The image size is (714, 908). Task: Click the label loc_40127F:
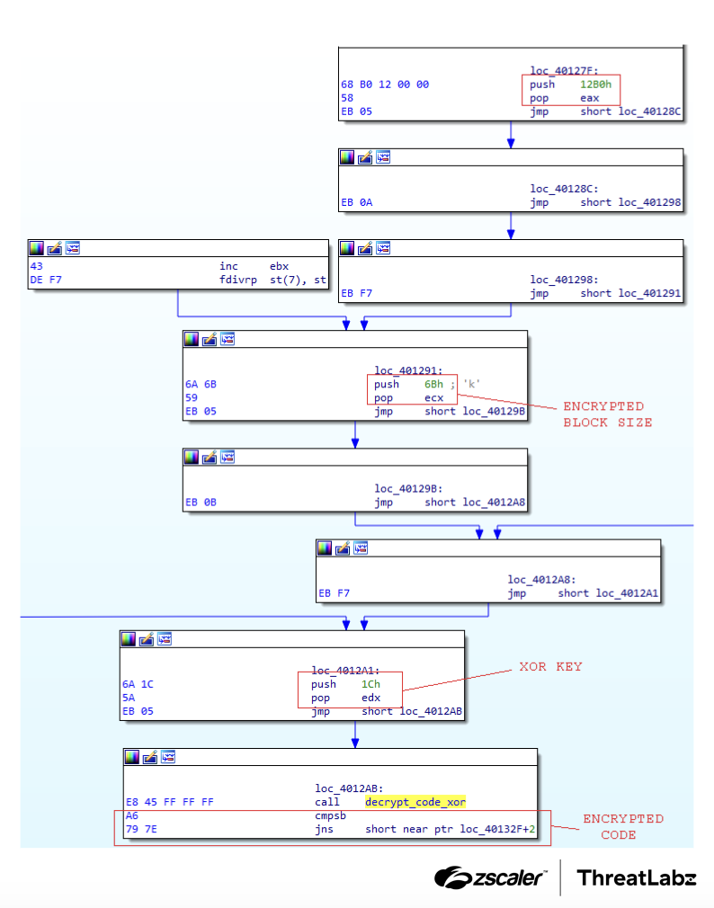tap(564, 71)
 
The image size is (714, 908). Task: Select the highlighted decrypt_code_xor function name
tap(415, 802)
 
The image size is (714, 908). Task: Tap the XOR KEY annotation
tap(550, 666)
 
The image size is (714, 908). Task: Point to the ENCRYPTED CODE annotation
tap(622, 826)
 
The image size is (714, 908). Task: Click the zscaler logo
tap(491, 877)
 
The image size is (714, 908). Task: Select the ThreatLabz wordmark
tap(636, 877)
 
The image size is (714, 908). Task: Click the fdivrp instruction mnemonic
tap(237, 280)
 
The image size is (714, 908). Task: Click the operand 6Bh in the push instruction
tap(434, 384)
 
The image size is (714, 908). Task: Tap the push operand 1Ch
tap(370, 684)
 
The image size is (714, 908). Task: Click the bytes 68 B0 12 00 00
tap(384, 85)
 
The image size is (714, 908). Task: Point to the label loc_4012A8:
tap(541, 580)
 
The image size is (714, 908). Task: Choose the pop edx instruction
tap(345, 698)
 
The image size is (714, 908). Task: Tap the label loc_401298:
tap(564, 280)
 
